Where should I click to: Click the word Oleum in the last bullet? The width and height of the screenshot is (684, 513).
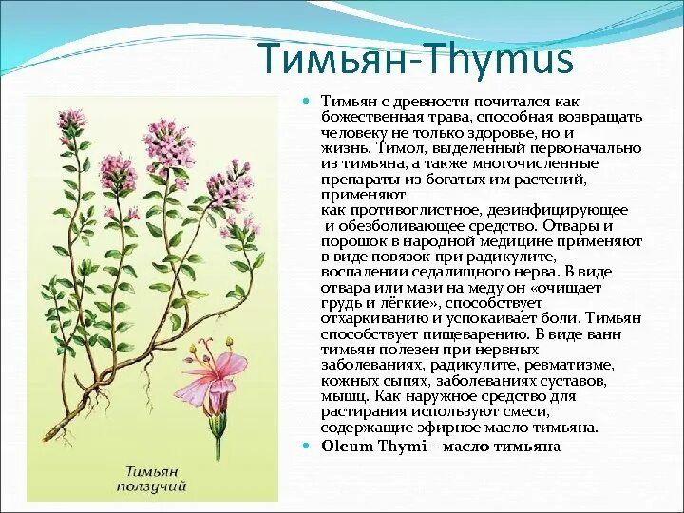tap(344, 445)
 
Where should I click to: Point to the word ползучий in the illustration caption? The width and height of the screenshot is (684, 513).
tap(155, 486)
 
